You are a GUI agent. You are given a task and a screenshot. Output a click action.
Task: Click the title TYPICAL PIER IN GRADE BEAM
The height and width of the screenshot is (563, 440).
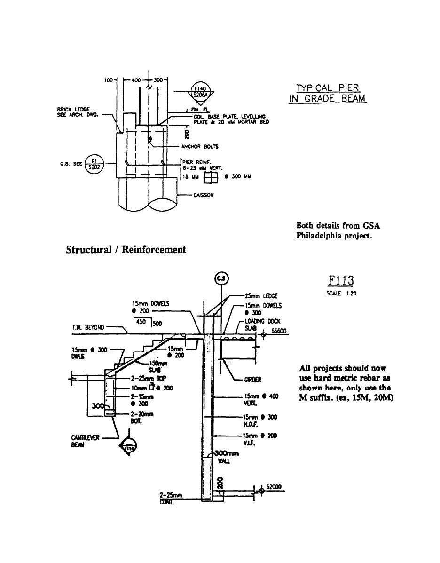tap(327, 93)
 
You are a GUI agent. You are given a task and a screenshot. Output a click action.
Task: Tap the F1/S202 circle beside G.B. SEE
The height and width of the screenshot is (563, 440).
tap(94, 164)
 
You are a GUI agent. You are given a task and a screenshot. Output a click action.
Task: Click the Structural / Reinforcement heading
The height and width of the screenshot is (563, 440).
tap(126, 250)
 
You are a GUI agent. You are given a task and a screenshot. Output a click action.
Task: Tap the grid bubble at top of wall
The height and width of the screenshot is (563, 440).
tap(221, 279)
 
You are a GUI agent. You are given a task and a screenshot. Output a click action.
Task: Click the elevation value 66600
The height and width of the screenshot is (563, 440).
tap(278, 331)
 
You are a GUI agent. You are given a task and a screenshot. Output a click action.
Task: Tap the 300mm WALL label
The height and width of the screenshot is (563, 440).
tap(226, 457)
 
